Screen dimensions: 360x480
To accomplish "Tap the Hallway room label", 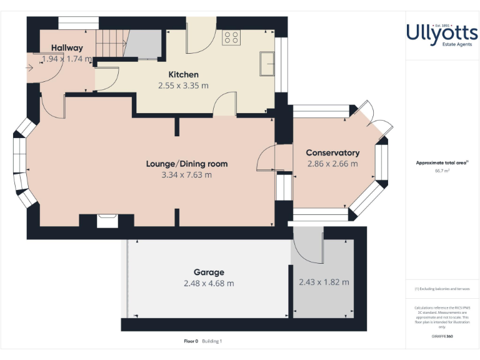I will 67,47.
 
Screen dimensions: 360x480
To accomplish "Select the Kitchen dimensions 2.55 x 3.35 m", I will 183,86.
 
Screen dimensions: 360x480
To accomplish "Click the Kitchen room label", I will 183,74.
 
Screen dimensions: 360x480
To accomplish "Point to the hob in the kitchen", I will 232,37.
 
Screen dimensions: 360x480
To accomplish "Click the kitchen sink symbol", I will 267,63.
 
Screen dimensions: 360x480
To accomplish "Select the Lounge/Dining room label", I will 186,164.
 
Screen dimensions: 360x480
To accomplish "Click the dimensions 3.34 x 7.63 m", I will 186,175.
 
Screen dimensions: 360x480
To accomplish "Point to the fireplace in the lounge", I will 107,221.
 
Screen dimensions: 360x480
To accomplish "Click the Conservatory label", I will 332,152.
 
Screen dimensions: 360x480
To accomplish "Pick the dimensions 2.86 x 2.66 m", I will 332,164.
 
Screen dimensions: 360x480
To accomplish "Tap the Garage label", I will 209,272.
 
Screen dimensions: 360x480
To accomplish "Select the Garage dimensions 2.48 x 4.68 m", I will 209,283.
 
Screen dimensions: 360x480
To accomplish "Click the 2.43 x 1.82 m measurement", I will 324,282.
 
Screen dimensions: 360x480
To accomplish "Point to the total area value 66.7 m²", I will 442,169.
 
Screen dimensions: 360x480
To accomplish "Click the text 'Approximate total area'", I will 441,162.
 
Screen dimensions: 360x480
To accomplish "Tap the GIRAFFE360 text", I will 442,336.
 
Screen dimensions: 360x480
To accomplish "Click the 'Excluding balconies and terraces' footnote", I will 442,289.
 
